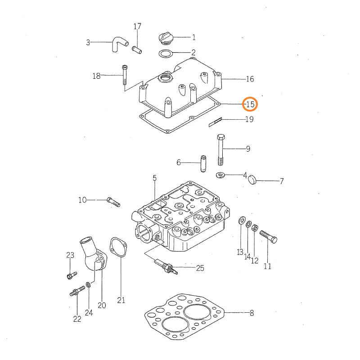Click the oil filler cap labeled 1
(x=166, y=38)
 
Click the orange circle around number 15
(x=250, y=104)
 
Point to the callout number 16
(x=250, y=79)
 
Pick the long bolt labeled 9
(x=220, y=150)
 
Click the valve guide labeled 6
(x=203, y=164)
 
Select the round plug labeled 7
(x=252, y=180)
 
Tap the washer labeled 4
(x=220, y=175)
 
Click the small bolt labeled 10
(x=113, y=202)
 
